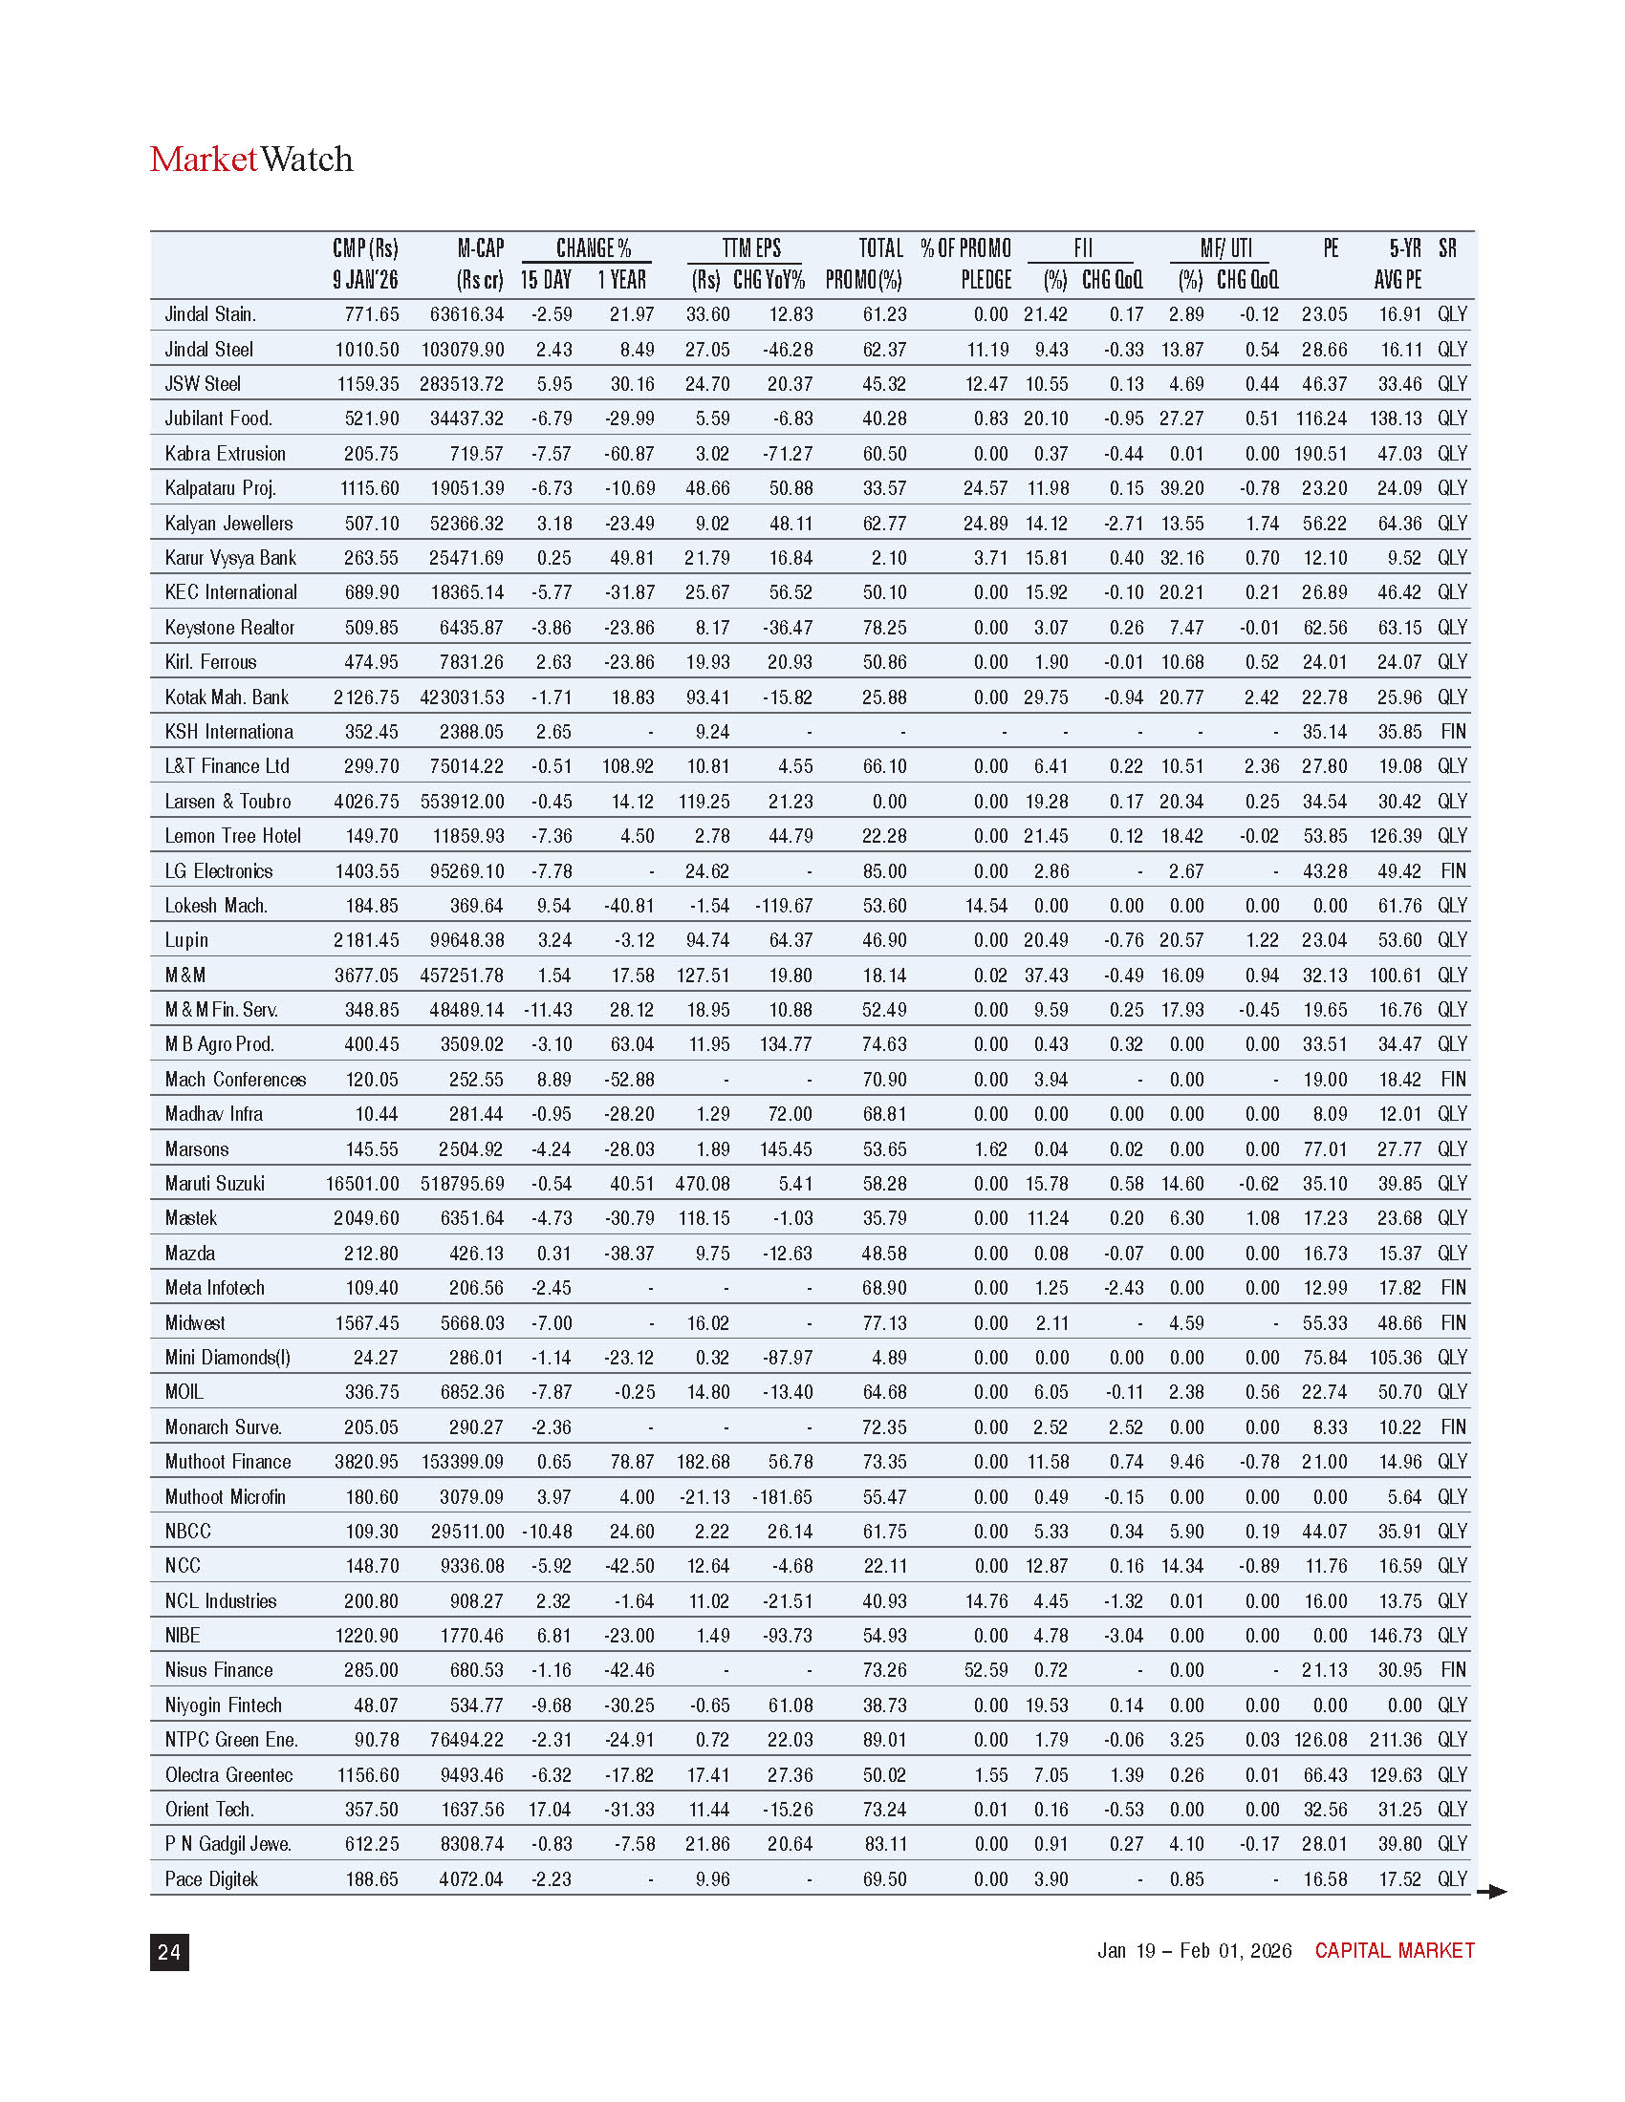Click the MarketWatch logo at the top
click(x=251, y=159)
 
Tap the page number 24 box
click(x=169, y=1951)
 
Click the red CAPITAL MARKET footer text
click(x=1394, y=1950)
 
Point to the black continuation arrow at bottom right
click(x=1491, y=1891)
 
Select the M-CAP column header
click(x=480, y=264)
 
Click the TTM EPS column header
click(x=751, y=248)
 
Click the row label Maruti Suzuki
click(x=215, y=1183)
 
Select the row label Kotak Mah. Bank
click(x=227, y=697)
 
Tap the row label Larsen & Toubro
click(x=228, y=801)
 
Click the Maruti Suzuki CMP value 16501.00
click(x=362, y=1183)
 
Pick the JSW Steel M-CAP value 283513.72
click(x=461, y=384)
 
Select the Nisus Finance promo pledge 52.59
click(x=986, y=1670)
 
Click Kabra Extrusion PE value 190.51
click(x=1324, y=453)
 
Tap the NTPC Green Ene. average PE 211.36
click(x=1395, y=1739)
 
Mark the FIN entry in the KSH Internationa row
click(x=1453, y=732)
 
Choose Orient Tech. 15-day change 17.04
click(x=550, y=1809)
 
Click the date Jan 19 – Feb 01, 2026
click(x=1194, y=1950)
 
